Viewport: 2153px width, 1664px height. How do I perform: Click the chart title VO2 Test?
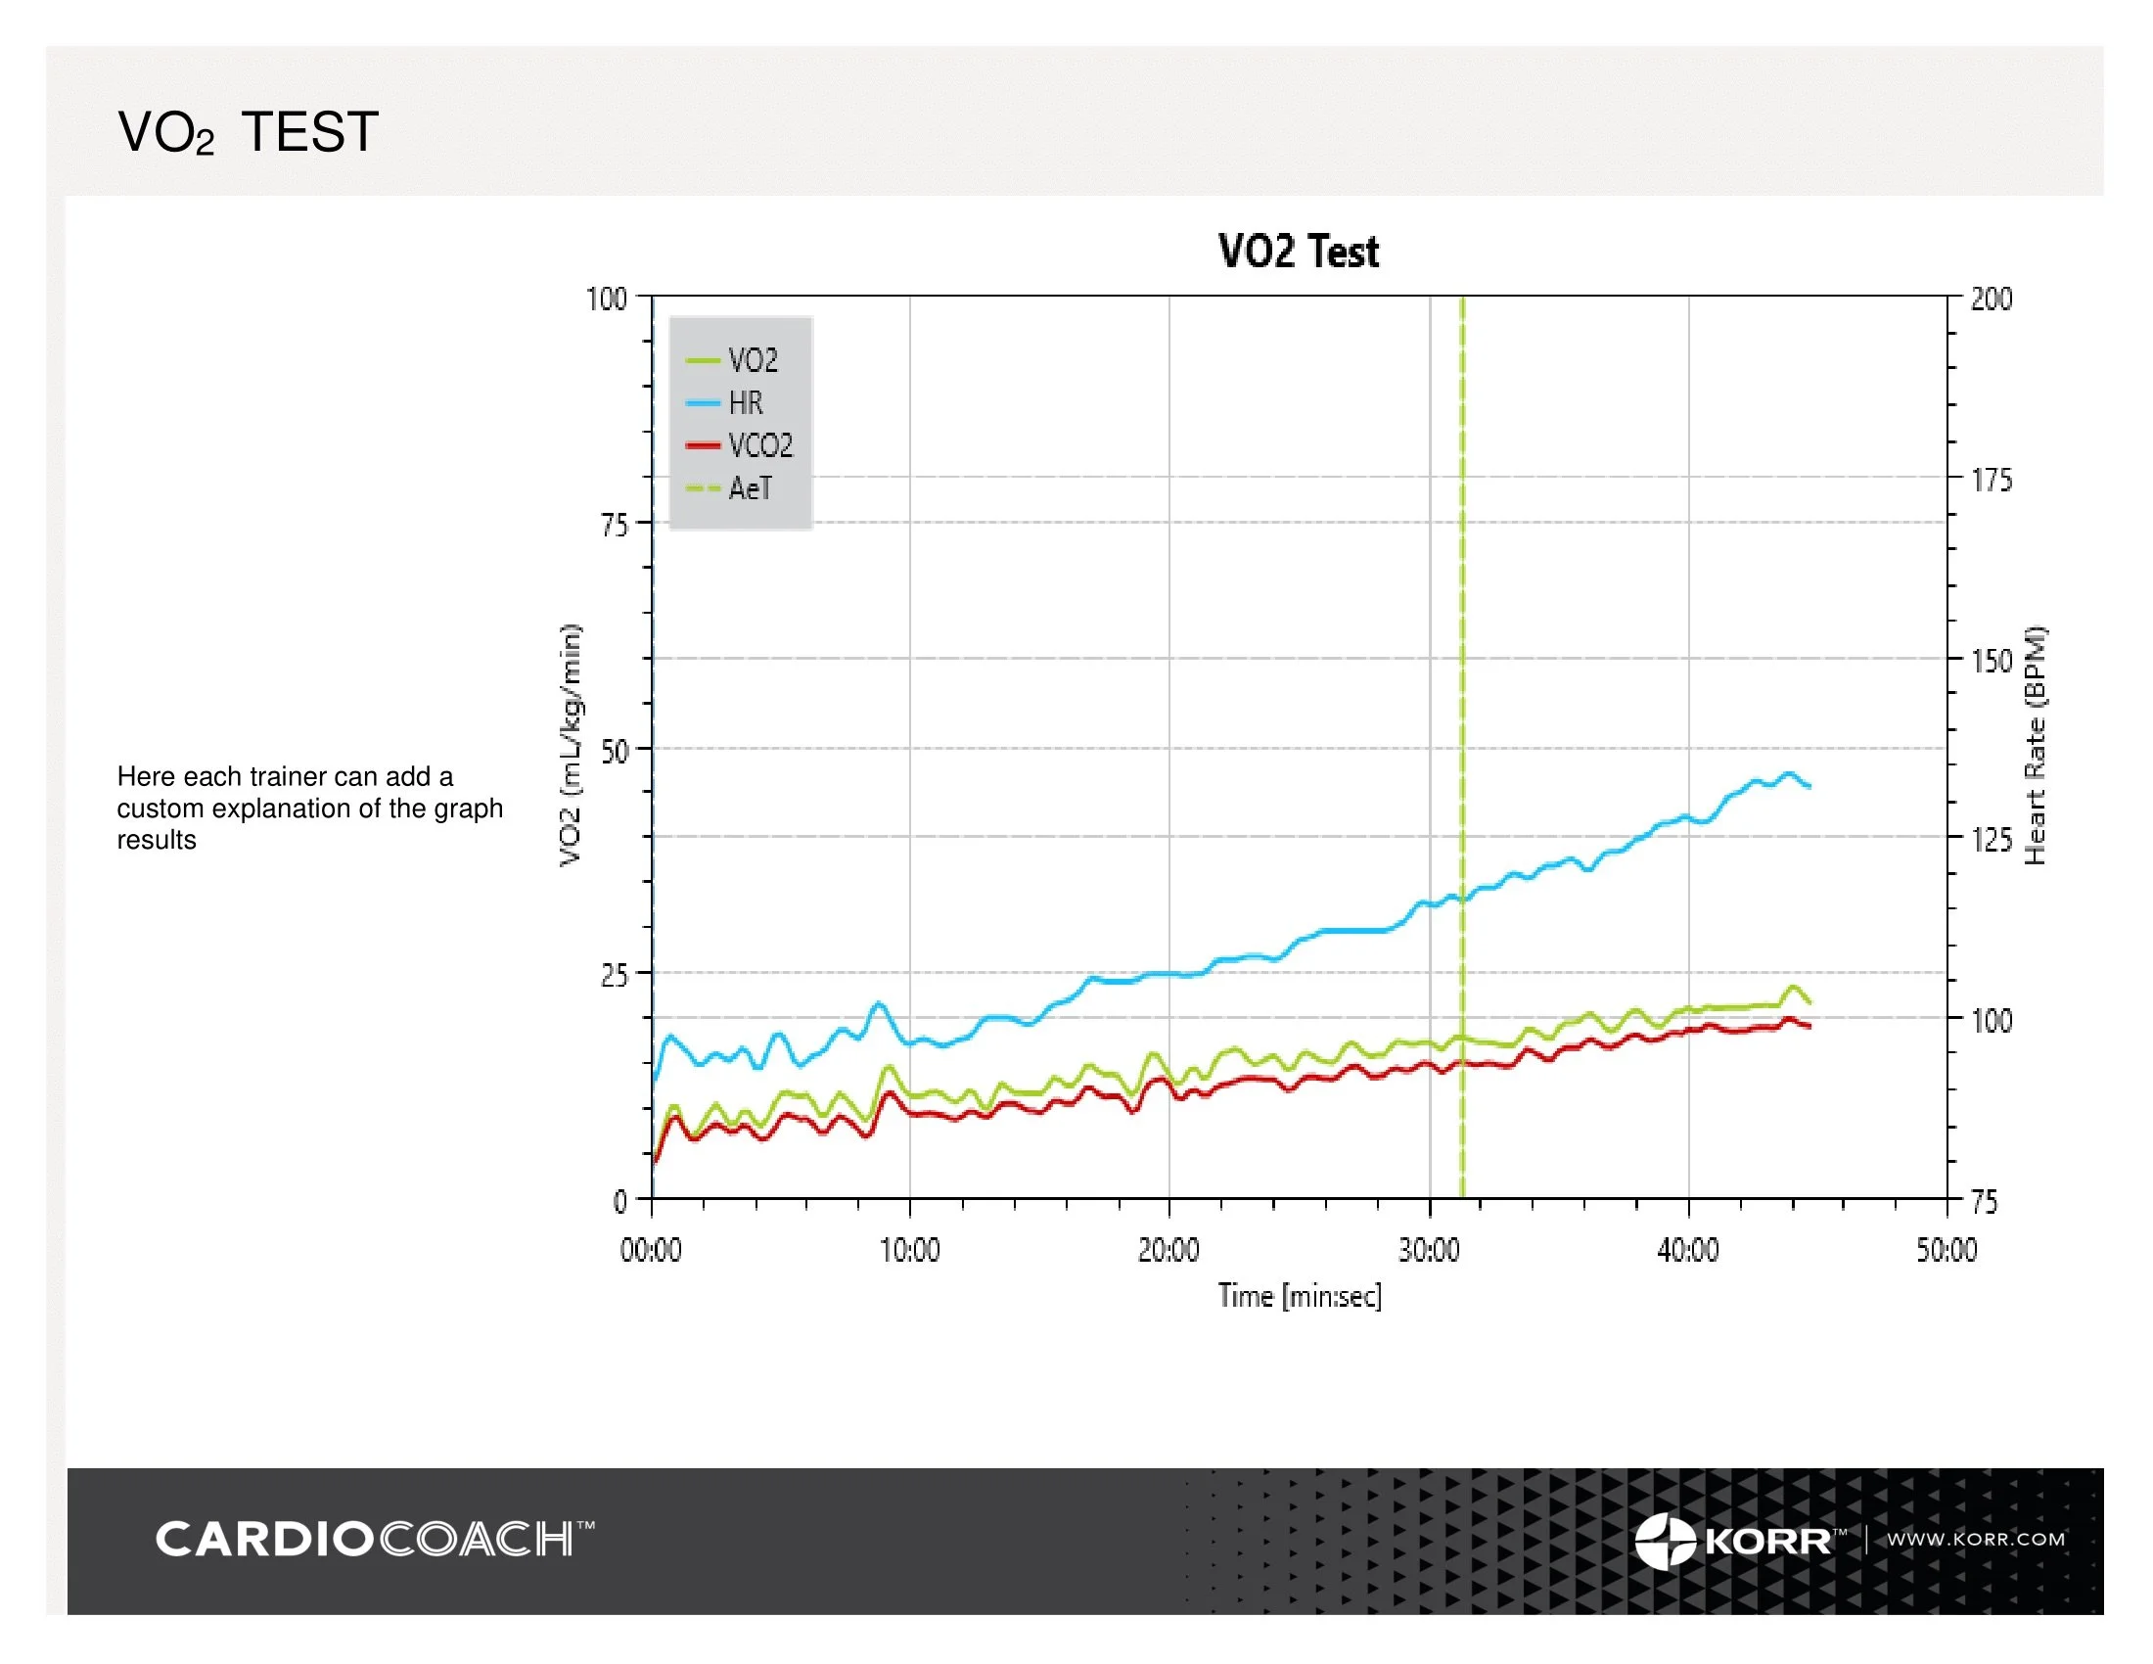(1299, 252)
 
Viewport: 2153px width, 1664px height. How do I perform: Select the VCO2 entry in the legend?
(759, 445)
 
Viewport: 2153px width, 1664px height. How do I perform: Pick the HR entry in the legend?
(746, 403)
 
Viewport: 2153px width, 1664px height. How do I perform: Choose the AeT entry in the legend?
(750, 488)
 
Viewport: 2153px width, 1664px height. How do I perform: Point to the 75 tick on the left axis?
(615, 525)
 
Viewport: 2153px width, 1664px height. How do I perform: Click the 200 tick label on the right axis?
(1991, 299)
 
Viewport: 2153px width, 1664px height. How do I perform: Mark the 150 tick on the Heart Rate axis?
(1991, 661)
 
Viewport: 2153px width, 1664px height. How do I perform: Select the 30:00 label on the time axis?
(1429, 1250)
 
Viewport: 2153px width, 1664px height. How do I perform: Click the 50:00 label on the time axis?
(1946, 1250)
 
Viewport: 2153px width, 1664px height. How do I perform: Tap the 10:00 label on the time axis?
(909, 1250)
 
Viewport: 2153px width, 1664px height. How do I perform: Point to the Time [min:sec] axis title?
(1300, 1295)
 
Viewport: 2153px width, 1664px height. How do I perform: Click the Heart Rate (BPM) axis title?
(2035, 746)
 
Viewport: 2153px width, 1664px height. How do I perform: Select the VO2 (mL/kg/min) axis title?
(571, 745)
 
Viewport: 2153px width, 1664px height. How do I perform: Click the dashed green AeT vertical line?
(1462, 690)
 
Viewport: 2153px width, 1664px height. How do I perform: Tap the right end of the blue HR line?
(1809, 786)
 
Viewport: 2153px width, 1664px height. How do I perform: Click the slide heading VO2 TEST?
(248, 132)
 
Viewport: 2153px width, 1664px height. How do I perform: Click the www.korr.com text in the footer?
(1976, 1539)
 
